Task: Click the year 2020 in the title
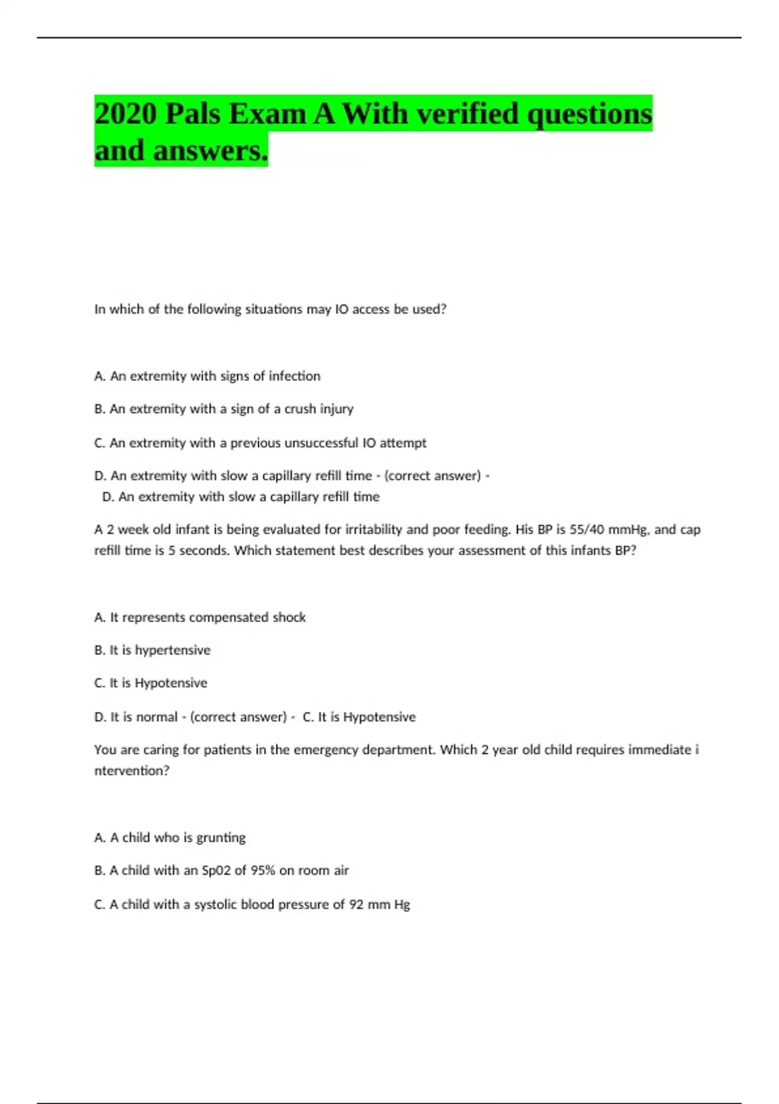click(x=125, y=114)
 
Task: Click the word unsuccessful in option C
click(x=321, y=443)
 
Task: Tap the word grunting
click(x=221, y=838)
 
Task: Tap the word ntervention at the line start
click(x=131, y=771)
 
